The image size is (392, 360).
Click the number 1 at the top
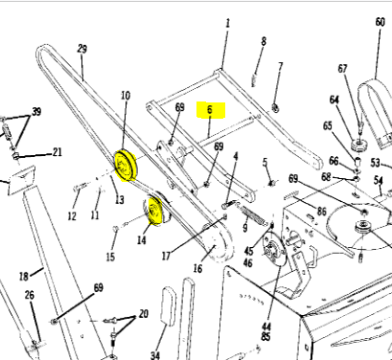(x=228, y=21)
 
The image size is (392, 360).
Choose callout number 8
(x=264, y=41)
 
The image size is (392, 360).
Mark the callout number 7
(x=280, y=66)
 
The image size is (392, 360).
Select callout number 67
(x=343, y=69)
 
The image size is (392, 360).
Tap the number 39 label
(x=36, y=113)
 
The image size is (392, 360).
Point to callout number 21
(x=58, y=152)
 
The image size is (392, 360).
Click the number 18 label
(x=21, y=276)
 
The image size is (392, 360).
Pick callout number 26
(x=30, y=295)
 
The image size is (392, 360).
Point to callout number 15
(x=110, y=256)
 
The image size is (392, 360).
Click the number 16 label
(x=196, y=269)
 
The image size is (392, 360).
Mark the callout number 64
(x=334, y=100)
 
